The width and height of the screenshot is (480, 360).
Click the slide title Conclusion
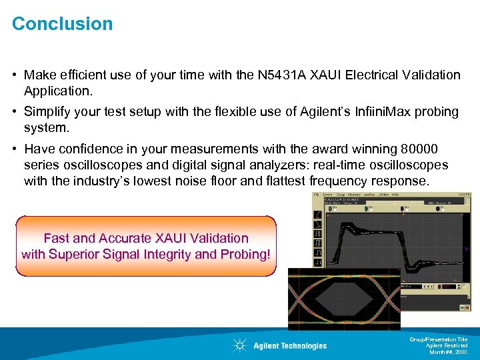[x=63, y=24]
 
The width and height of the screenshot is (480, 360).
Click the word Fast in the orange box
[x=57, y=238]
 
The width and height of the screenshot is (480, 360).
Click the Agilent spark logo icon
[x=239, y=345]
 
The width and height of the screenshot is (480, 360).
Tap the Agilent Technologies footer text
[x=290, y=345]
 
